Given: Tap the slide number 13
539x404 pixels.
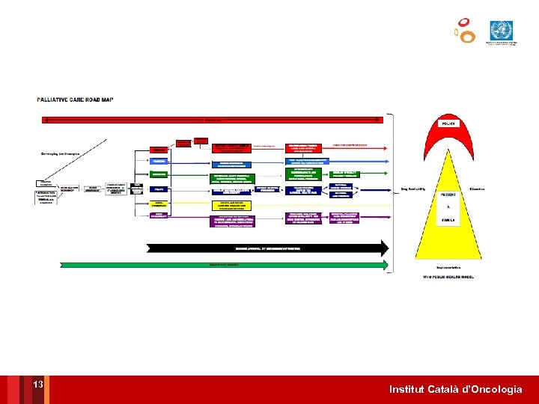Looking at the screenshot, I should (x=38, y=385).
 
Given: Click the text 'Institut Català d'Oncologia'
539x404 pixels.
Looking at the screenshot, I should (x=456, y=390).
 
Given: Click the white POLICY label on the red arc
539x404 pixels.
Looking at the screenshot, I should (x=448, y=123).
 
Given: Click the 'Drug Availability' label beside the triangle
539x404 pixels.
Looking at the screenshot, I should (x=413, y=189).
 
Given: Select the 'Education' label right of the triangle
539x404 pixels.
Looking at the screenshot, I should (x=478, y=189).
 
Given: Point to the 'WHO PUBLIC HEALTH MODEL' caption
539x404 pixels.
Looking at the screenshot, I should (x=448, y=278).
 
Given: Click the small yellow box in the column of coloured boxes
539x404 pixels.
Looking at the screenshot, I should (x=159, y=203).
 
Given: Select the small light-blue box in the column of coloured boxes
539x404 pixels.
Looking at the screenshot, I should (x=159, y=161).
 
